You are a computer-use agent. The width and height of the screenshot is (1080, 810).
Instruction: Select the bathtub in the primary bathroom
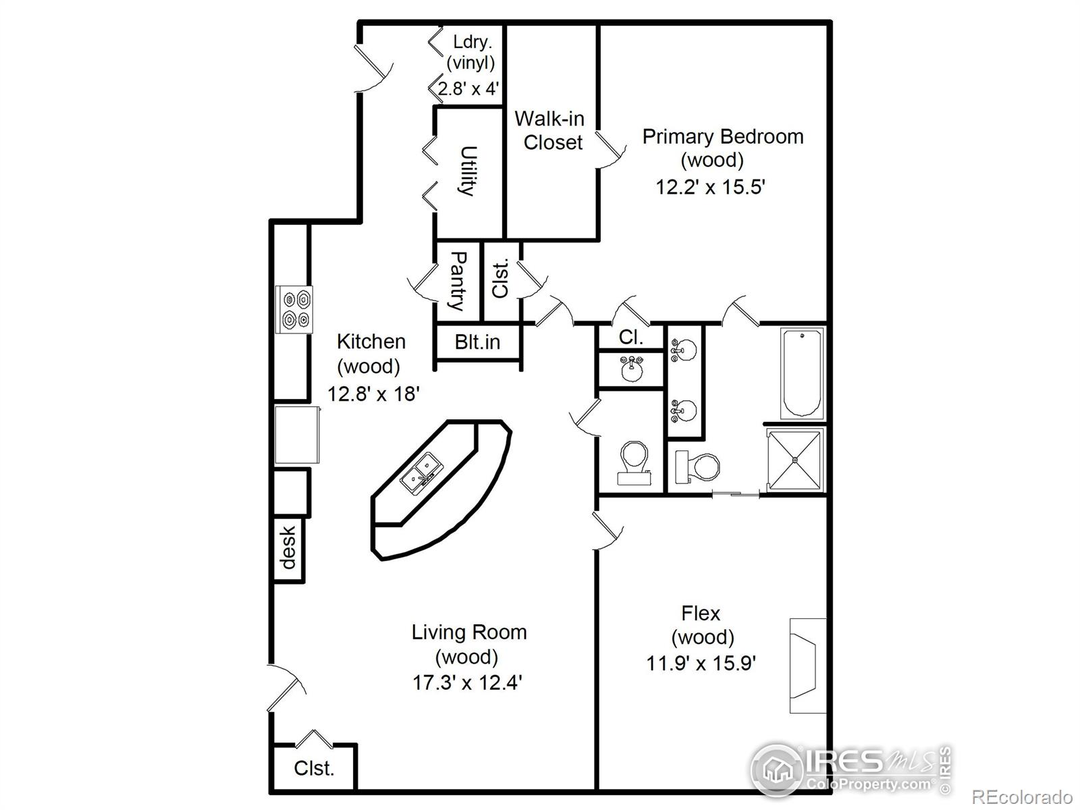pyautogui.click(x=801, y=373)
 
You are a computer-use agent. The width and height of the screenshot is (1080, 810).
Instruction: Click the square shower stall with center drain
pyautogui.click(x=795, y=459)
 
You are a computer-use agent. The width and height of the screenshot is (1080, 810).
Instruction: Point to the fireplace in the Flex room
pyautogui.click(x=806, y=666)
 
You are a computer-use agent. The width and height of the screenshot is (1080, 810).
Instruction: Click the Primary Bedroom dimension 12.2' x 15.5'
pyautogui.click(x=710, y=187)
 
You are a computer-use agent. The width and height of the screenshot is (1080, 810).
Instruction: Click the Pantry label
pyautogui.click(x=458, y=281)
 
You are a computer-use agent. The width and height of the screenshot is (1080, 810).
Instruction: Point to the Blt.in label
pyautogui.click(x=477, y=342)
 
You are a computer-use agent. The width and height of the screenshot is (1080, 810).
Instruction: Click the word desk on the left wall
pyautogui.click(x=288, y=547)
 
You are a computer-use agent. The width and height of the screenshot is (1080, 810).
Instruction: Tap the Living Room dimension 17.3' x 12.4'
pyautogui.click(x=468, y=682)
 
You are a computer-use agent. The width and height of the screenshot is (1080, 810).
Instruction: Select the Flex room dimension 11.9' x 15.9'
pyautogui.click(x=701, y=664)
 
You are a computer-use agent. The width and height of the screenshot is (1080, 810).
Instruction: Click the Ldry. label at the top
pyautogui.click(x=472, y=41)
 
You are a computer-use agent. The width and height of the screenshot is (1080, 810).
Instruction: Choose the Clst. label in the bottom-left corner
pyautogui.click(x=314, y=768)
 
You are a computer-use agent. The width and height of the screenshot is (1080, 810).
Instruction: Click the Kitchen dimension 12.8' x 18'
pyautogui.click(x=374, y=394)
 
